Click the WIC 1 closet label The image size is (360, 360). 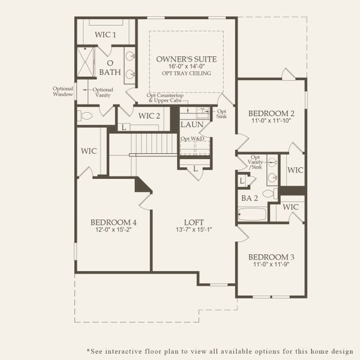106,35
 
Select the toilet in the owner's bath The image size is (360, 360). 85,115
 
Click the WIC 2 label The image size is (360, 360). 149,116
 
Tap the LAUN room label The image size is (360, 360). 192,125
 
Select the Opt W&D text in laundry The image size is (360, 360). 193,139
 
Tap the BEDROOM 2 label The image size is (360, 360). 271,113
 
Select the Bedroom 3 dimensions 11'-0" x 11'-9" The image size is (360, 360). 271,265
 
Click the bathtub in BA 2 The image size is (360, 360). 252,214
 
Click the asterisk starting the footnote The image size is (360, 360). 89,350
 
